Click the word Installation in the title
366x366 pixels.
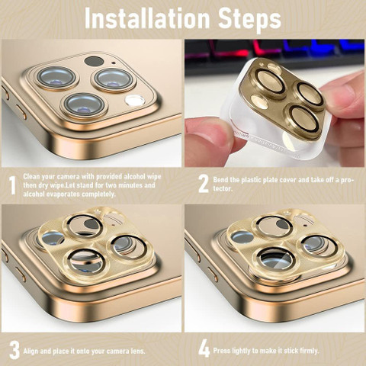click(147, 18)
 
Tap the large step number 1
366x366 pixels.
click(12, 185)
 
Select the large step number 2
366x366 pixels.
click(204, 184)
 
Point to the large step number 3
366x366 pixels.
click(14, 351)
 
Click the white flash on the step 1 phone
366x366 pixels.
click(135, 100)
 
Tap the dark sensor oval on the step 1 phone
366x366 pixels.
click(94, 61)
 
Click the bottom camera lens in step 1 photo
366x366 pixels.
click(84, 104)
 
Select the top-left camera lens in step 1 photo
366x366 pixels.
click(56, 78)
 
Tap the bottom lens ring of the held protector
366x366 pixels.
click(303, 118)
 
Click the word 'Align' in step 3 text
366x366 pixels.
click(30, 352)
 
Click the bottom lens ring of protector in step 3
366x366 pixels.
click(86, 262)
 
